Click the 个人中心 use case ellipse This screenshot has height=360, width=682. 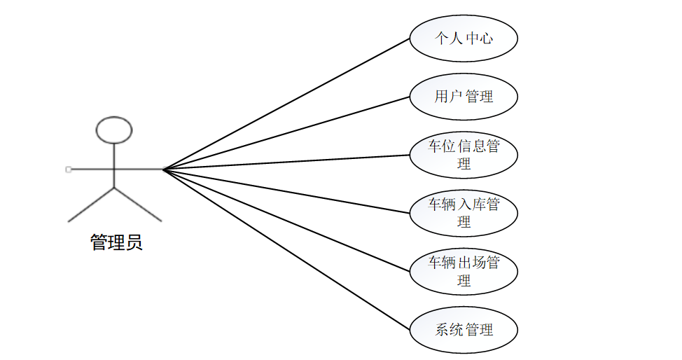pyautogui.click(x=463, y=38)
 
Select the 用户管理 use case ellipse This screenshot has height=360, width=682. pyautogui.click(x=463, y=96)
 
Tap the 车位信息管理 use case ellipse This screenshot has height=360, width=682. pyautogui.click(x=463, y=155)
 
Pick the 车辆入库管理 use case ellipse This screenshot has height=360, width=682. pyautogui.click(x=463, y=213)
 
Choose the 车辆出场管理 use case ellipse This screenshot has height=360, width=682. pyautogui.click(x=463, y=271)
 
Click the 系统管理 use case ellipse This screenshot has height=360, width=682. pyautogui.click(x=463, y=329)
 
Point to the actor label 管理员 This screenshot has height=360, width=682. pyautogui.click(x=116, y=243)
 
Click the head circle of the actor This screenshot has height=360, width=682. pyautogui.click(x=113, y=130)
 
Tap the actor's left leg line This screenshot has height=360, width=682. pyautogui.click(x=91, y=204)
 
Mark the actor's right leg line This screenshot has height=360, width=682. pyautogui.click(x=137, y=204)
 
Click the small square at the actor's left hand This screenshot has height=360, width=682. pyautogui.click(x=68, y=169)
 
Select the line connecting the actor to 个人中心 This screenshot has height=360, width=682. pyautogui.click(x=286, y=104)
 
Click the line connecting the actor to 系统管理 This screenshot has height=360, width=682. pyautogui.click(x=286, y=249)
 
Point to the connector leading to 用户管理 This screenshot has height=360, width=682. pyautogui.click(x=286, y=133)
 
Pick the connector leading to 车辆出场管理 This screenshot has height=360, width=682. pyautogui.click(x=286, y=219)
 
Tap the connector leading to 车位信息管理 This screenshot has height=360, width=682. pyautogui.click(x=286, y=162)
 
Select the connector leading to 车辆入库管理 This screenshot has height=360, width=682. pyautogui.click(x=286, y=191)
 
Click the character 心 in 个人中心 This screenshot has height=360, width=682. pyautogui.click(x=485, y=38)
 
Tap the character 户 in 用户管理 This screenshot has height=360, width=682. pyautogui.click(x=454, y=96)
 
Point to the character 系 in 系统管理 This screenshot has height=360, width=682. pyautogui.click(x=443, y=329)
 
